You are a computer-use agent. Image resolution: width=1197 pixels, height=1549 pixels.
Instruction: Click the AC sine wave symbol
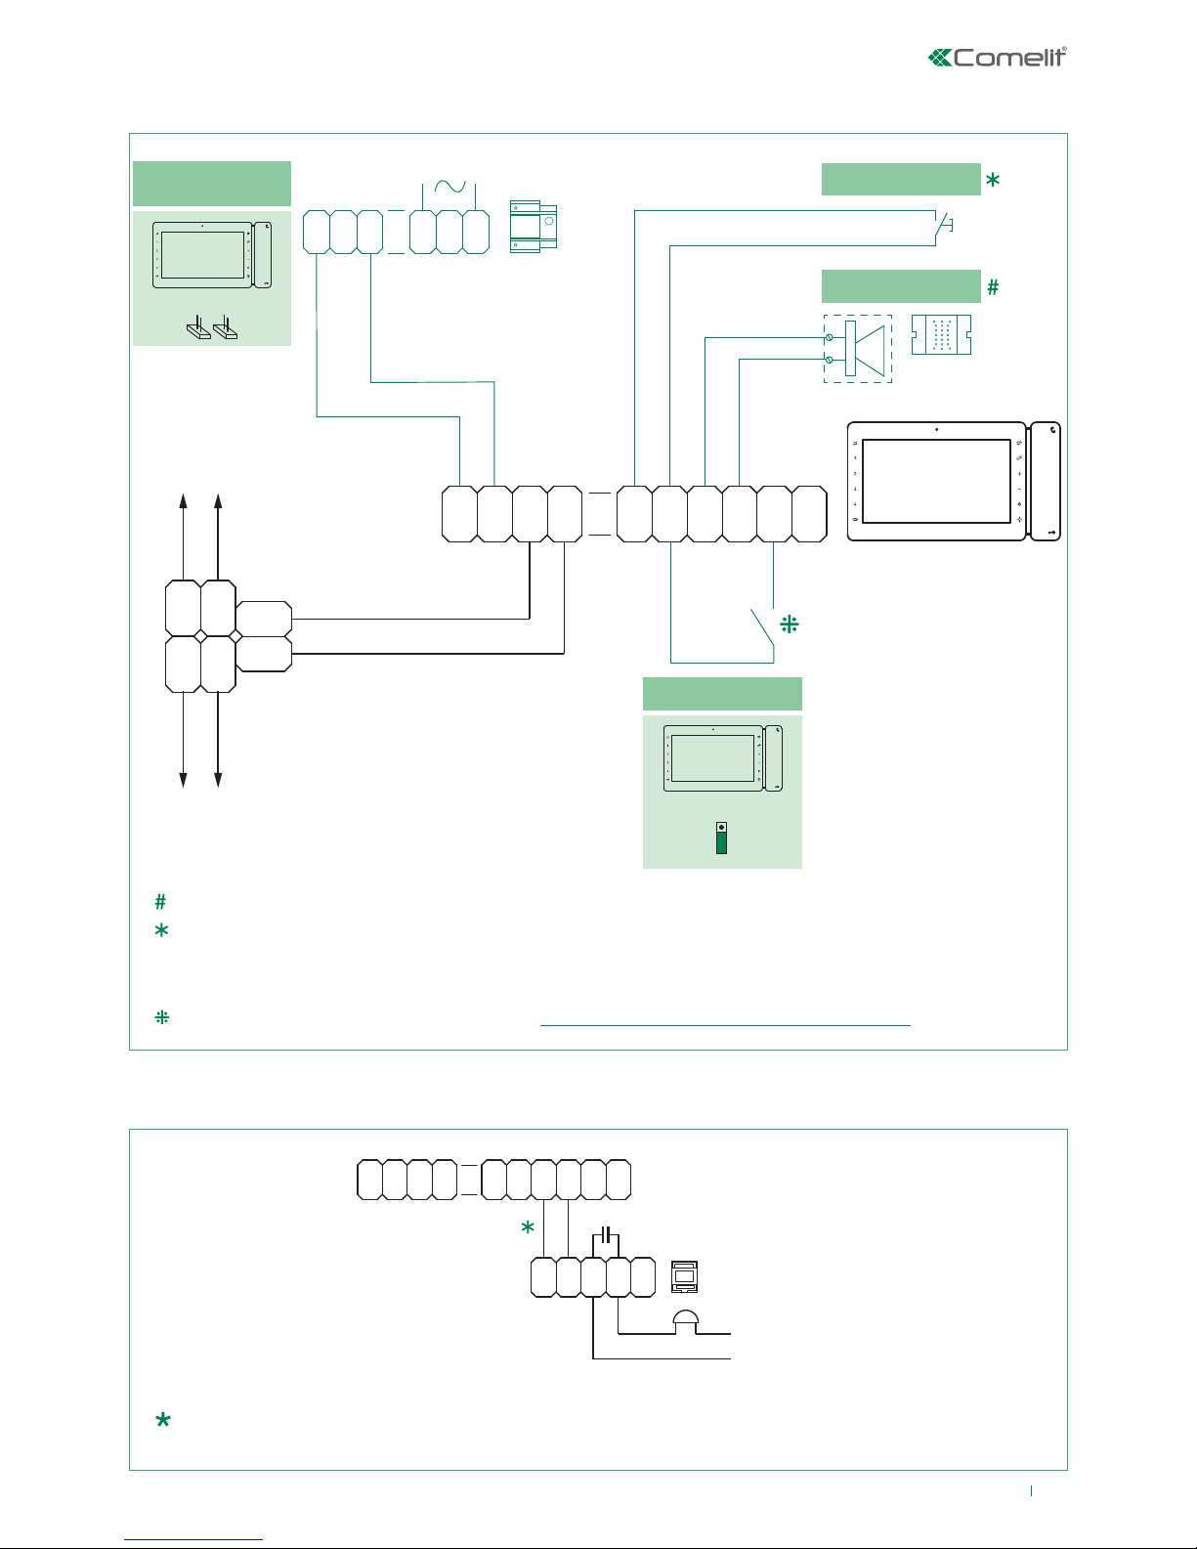450,187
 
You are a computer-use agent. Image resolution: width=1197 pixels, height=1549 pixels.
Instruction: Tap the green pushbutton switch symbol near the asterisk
944,227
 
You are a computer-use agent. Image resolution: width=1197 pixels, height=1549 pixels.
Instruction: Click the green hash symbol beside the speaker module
993,287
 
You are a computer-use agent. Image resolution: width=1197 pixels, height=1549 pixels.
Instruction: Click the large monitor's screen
936,481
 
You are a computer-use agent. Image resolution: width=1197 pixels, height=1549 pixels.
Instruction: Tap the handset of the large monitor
1045,481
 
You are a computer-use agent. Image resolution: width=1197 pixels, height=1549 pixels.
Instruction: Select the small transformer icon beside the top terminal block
534,227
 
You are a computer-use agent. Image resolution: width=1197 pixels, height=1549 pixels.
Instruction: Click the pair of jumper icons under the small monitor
212,328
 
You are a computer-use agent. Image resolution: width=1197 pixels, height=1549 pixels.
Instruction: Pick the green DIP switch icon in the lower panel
721,839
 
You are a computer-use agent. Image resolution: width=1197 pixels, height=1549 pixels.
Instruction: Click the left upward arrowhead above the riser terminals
183,500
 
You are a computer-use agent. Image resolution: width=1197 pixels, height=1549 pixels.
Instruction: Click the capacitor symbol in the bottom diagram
607,1236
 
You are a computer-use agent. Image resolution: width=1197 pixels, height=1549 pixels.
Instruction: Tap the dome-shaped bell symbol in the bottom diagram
686,1320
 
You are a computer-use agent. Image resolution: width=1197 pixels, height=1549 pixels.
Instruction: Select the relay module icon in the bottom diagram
684,1276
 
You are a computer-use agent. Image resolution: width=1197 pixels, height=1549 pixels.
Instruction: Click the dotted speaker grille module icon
941,335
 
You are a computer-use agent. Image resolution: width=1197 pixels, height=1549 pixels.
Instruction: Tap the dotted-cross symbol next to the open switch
790,624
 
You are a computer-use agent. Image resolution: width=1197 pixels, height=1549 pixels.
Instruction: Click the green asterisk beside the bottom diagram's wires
528,1227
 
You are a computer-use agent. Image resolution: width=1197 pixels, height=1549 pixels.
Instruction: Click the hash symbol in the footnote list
161,902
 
